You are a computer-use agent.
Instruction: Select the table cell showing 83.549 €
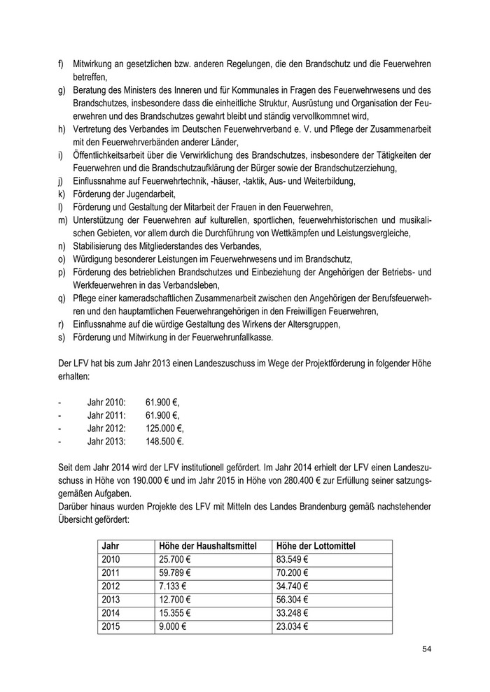point(294,558)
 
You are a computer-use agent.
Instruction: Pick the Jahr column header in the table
point(111,545)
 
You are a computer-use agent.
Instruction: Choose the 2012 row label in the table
point(111,586)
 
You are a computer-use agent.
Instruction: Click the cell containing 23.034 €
point(294,626)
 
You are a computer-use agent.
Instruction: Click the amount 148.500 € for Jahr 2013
point(164,442)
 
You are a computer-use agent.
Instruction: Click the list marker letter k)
point(62,193)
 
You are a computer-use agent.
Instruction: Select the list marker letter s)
point(62,337)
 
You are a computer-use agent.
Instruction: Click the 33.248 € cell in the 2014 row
point(294,613)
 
